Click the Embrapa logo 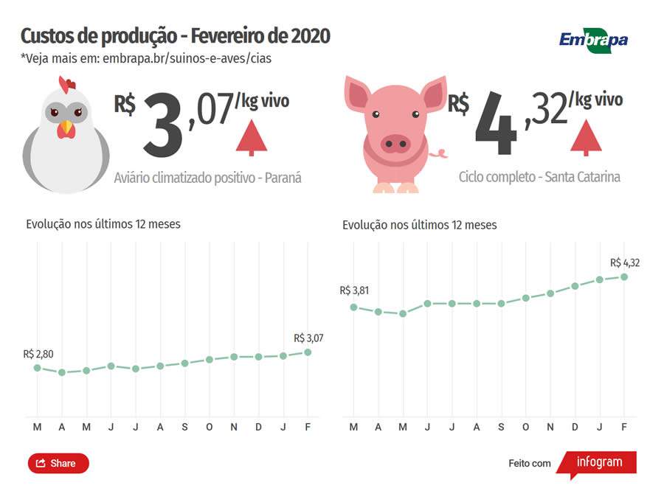tap(593, 39)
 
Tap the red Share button tap(58, 463)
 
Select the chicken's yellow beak tap(66, 128)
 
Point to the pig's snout tap(395, 143)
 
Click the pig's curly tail tap(440, 153)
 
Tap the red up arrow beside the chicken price tap(252, 137)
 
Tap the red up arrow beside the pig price tap(586, 137)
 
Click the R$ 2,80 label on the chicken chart tap(38, 354)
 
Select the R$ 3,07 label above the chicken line tap(308, 338)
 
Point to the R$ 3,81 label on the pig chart tap(354, 290)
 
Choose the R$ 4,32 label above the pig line tap(625, 262)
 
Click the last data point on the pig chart tap(624, 277)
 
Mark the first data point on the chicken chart tap(38, 367)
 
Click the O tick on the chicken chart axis tap(210, 427)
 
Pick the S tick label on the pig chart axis tap(501, 427)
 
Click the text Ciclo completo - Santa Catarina tap(539, 177)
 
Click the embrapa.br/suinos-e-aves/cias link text tap(187, 58)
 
